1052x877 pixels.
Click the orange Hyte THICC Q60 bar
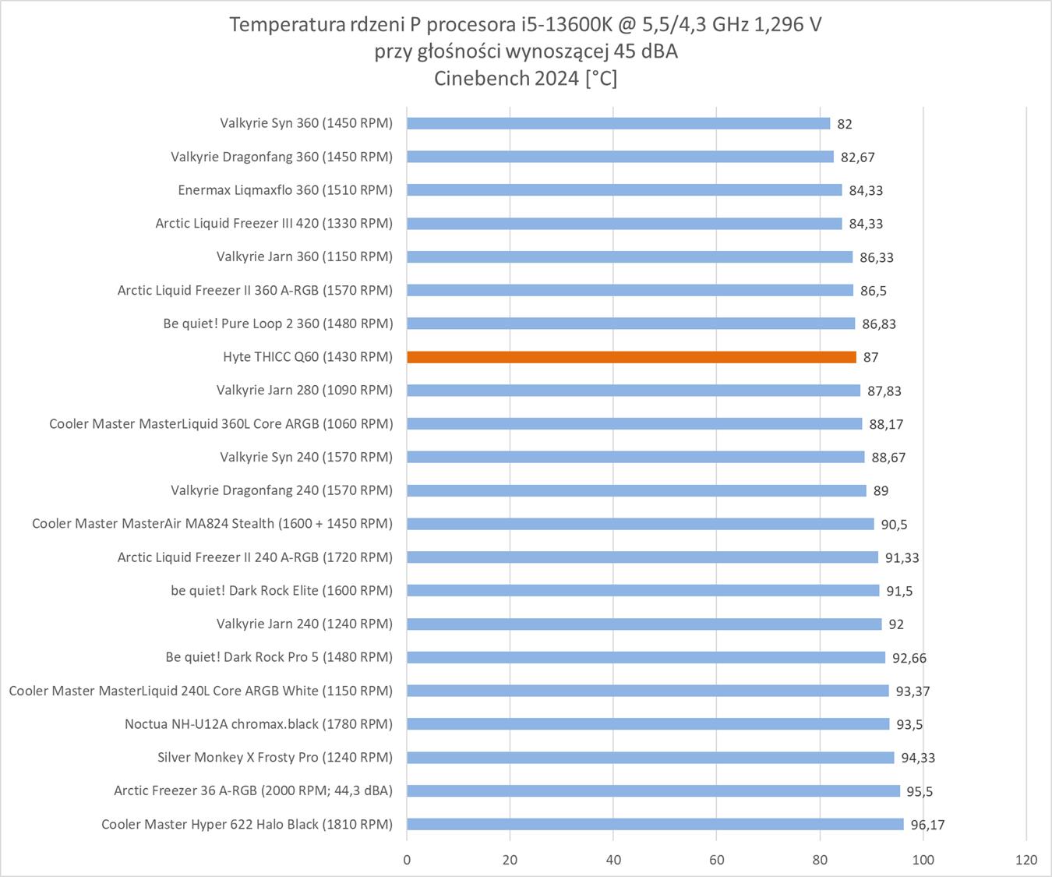pyautogui.click(x=631, y=357)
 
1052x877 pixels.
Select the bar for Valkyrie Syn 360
pyautogui.click(x=618, y=123)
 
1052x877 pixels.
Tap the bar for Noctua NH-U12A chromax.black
pyautogui.click(x=648, y=724)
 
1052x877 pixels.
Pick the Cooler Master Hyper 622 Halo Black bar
pyautogui.click(x=655, y=824)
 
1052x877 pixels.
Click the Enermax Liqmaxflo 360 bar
pyautogui.click(x=624, y=190)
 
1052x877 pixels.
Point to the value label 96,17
pyautogui.click(x=927, y=825)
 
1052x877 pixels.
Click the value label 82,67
pyautogui.click(x=857, y=157)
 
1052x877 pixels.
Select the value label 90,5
pyautogui.click(x=894, y=525)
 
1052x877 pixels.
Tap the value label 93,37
pyautogui.click(x=913, y=691)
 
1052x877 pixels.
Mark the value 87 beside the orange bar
pyautogui.click(x=870, y=358)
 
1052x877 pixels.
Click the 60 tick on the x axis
pyautogui.click(x=716, y=860)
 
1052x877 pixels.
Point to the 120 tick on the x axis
pyautogui.click(x=1026, y=860)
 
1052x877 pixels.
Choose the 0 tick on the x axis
pyautogui.click(x=407, y=860)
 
